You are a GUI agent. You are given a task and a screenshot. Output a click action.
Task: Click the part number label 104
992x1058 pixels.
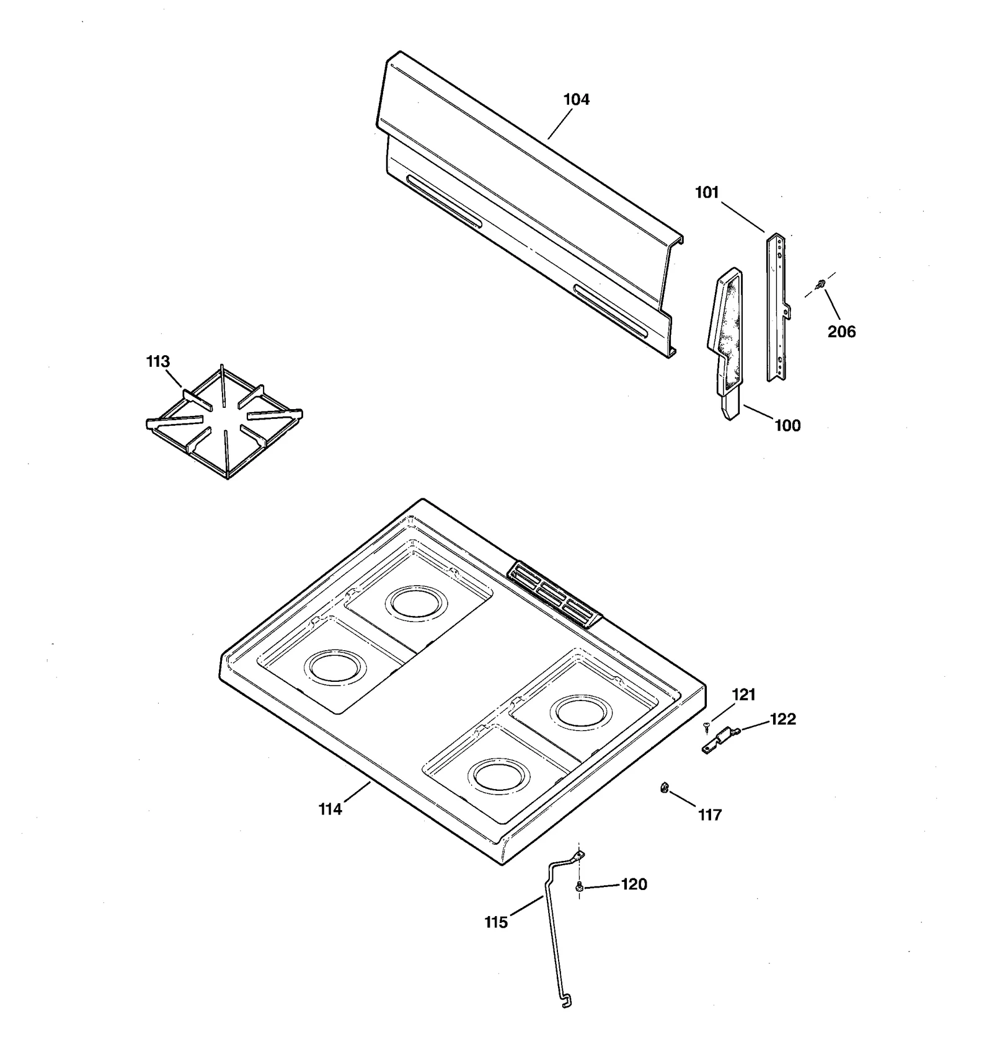[576, 99]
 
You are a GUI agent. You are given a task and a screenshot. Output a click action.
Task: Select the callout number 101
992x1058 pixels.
[706, 193]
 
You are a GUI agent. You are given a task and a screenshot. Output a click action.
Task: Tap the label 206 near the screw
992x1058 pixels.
[841, 332]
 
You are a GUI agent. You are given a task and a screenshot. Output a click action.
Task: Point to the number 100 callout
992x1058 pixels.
[787, 425]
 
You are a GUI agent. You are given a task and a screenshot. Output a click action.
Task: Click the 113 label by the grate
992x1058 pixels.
[157, 361]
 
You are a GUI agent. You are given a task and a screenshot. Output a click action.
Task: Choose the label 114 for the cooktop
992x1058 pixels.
[330, 809]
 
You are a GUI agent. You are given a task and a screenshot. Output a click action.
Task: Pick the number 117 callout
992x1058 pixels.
[710, 815]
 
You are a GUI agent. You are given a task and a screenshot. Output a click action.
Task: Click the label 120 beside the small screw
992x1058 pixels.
[634, 884]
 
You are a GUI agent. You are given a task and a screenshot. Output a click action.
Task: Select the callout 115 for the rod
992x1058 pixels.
[495, 922]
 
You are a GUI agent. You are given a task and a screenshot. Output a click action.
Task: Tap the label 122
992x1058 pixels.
[782, 719]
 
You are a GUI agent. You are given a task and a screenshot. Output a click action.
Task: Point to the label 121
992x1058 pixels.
[743, 695]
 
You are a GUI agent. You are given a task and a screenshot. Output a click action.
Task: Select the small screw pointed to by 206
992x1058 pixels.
[820, 284]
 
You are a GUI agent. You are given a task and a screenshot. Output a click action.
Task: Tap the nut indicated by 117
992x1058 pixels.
[663, 788]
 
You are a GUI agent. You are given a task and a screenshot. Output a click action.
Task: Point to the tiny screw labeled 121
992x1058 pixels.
[706, 725]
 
